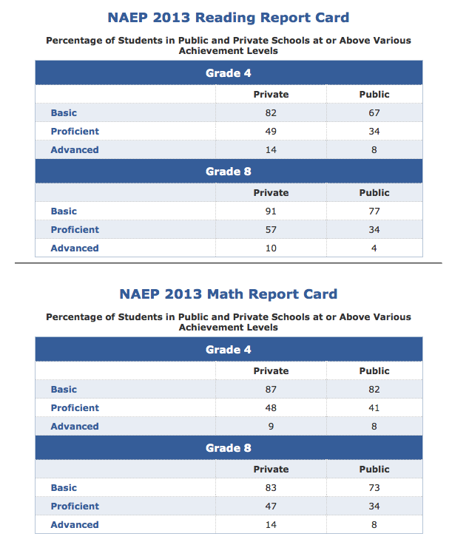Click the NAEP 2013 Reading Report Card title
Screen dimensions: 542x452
pos(228,18)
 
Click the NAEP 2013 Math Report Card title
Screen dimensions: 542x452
pos(228,294)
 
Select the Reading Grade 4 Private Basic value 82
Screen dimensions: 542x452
pos(271,113)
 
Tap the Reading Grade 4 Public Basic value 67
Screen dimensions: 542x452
pos(374,113)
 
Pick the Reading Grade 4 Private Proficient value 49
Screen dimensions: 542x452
pos(271,132)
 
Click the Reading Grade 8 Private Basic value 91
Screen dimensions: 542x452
pos(271,211)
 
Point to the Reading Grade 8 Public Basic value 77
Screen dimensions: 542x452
pos(374,211)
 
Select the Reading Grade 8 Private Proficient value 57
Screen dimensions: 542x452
pos(271,230)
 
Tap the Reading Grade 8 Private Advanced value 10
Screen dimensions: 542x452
pos(271,248)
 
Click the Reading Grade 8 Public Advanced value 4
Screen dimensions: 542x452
pos(374,248)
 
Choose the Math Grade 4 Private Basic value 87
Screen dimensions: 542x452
pos(271,390)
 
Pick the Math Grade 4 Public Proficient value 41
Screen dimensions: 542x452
pos(374,408)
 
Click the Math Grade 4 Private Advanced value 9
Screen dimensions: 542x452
pos(271,427)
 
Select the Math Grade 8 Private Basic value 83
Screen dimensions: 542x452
pos(271,488)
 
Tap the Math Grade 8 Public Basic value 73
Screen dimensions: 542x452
pos(374,488)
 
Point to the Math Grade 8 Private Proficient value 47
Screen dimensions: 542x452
pos(271,507)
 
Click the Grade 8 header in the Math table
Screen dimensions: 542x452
pos(228,448)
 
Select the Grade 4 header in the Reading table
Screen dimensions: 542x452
pos(228,73)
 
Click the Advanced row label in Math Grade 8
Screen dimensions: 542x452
pos(74,525)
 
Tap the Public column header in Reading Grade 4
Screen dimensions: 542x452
pos(374,95)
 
